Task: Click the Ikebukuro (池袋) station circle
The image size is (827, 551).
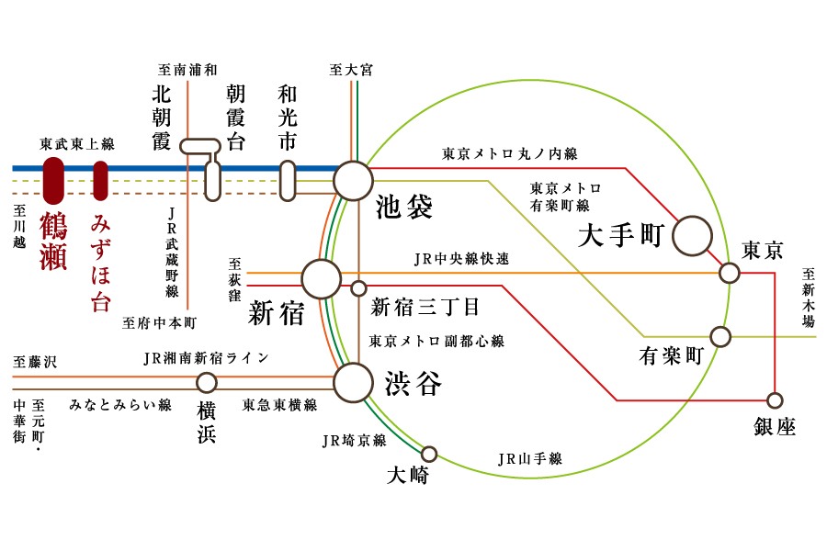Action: pyautogui.click(x=353, y=181)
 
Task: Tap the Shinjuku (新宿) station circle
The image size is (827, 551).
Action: pyautogui.click(x=322, y=279)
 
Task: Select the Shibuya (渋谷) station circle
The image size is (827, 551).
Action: pyautogui.click(x=353, y=383)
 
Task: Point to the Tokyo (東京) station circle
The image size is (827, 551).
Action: pyautogui.click(x=730, y=273)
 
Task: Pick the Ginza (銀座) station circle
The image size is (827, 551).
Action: pyautogui.click(x=775, y=400)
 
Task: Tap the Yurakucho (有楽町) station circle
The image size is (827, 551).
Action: pyautogui.click(x=721, y=337)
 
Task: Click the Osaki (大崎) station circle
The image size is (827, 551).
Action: pyautogui.click(x=428, y=454)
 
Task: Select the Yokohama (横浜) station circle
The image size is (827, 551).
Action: pyautogui.click(x=208, y=383)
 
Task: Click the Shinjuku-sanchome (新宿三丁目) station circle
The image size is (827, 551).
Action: pyautogui.click(x=359, y=288)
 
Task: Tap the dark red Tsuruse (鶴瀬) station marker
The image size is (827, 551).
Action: pyautogui.click(x=53, y=181)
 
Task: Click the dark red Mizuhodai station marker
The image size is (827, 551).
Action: pyautogui.click(x=100, y=181)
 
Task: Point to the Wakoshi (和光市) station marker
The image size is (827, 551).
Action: pyautogui.click(x=288, y=181)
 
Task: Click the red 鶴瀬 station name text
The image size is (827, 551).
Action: pyautogui.click(x=53, y=242)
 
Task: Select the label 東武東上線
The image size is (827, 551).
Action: pyautogui.click(x=77, y=144)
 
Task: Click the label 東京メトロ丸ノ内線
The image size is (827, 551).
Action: pyautogui.click(x=509, y=154)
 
